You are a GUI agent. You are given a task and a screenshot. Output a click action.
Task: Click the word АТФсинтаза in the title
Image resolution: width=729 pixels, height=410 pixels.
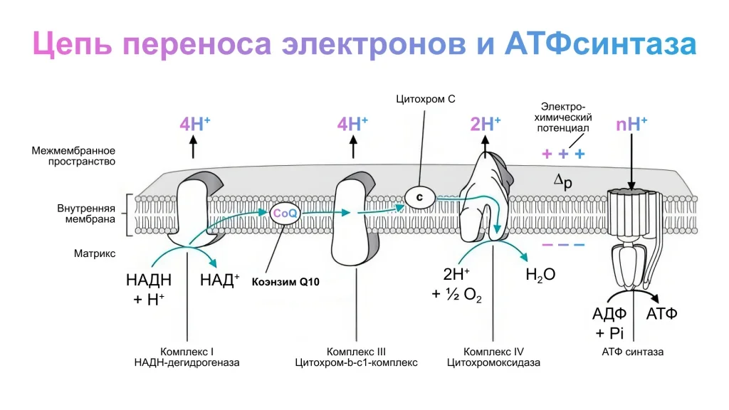pos(600,44)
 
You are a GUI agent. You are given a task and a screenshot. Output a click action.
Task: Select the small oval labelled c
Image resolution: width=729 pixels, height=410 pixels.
pos(419,195)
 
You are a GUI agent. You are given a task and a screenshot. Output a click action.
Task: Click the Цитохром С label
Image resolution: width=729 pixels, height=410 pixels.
pos(426,100)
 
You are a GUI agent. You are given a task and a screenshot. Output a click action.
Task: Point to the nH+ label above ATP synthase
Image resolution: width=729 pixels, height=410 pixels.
pos(631,124)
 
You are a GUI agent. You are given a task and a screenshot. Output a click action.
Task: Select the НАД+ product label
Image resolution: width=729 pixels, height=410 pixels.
pos(220,280)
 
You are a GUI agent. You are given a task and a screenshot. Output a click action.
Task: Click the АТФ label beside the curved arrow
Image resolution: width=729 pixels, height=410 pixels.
pos(661,313)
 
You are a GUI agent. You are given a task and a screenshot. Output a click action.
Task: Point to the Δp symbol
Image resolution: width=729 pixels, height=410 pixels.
pos(563,182)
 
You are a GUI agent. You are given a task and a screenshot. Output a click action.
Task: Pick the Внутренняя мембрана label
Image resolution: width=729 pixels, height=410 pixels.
pos(85,214)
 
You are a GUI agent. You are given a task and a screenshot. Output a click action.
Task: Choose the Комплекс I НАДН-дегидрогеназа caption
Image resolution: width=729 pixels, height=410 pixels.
pos(187,357)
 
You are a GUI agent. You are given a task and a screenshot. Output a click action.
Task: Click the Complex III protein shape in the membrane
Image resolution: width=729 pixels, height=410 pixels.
pos(354,221)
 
